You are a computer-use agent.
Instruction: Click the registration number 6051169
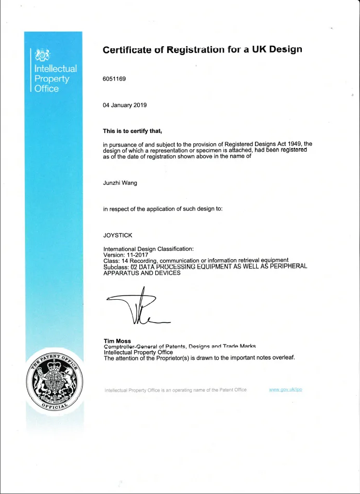115,79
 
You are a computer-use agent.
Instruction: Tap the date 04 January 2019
125,105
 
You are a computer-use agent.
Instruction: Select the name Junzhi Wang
121,183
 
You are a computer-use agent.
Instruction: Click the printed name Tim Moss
117,341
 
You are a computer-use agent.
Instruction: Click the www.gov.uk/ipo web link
286,390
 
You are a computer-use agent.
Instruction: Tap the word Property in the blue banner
51,78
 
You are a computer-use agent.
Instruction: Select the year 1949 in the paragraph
295,144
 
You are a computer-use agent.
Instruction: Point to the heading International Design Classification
149,249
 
